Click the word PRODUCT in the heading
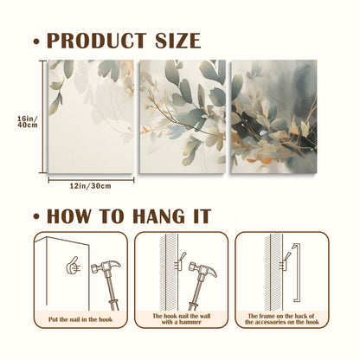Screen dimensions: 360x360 [97, 41]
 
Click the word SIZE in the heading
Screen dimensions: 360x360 [178, 41]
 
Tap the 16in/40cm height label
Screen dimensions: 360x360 [28, 121]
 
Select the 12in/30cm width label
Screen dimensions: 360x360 [90, 186]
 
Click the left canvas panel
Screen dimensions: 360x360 [91, 117]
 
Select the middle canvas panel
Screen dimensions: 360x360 [183, 117]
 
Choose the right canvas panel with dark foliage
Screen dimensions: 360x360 [274, 117]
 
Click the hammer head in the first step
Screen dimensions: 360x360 [106, 267]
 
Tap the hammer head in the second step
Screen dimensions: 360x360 [203, 268]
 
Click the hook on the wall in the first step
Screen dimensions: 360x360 [73, 266]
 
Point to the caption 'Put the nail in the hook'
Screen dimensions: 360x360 [80, 319]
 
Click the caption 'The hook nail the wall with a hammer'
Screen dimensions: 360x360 [182, 319]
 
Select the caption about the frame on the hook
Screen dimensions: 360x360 [282, 319]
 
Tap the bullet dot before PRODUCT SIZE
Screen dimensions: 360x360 [36, 42]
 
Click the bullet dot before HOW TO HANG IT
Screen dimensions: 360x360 [36, 217]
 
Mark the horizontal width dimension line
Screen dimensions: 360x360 [91, 180]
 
